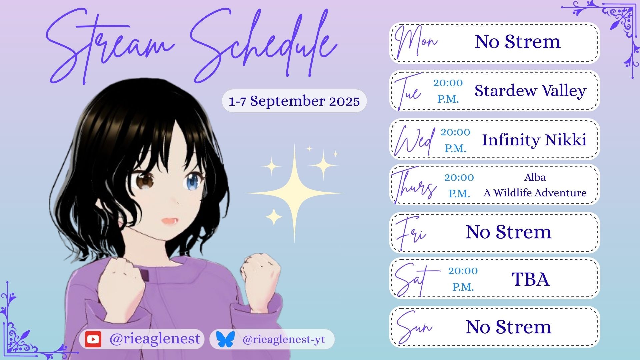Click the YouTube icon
(x=93, y=339)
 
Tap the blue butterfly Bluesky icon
(x=225, y=339)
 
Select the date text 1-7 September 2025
(x=294, y=101)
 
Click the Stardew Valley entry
(x=530, y=91)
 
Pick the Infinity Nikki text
(x=534, y=140)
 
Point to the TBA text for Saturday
(x=530, y=279)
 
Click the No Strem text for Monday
(x=518, y=42)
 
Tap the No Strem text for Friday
(x=509, y=232)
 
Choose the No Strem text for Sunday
(x=509, y=327)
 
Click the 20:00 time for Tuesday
(x=448, y=83)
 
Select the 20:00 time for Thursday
(x=459, y=177)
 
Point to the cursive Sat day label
(x=417, y=279)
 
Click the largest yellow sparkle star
(x=295, y=193)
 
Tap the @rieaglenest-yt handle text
(x=284, y=340)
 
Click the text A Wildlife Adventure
(x=535, y=193)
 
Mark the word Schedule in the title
(x=263, y=47)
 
